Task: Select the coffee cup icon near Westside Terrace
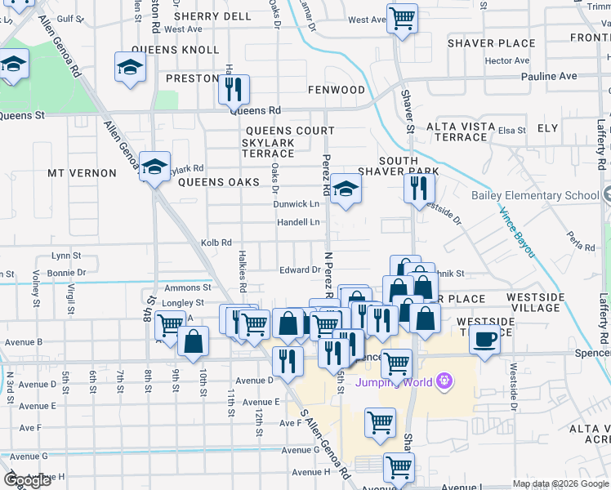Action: pyautogui.click(x=485, y=338)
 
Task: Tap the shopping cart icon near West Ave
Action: pyautogui.click(x=401, y=18)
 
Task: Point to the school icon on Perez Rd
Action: pyautogui.click(x=346, y=190)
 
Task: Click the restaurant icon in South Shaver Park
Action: pyautogui.click(x=419, y=189)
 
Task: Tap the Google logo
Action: pyautogui.click(x=27, y=480)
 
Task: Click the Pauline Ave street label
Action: pyautogui.click(x=549, y=76)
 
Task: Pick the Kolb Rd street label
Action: pyautogui.click(x=216, y=243)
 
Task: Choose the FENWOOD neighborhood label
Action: pyautogui.click(x=337, y=89)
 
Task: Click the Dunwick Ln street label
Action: pyautogui.click(x=296, y=204)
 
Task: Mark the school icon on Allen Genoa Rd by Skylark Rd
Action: pyautogui.click(x=154, y=167)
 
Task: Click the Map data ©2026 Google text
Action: pyautogui.click(x=560, y=483)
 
